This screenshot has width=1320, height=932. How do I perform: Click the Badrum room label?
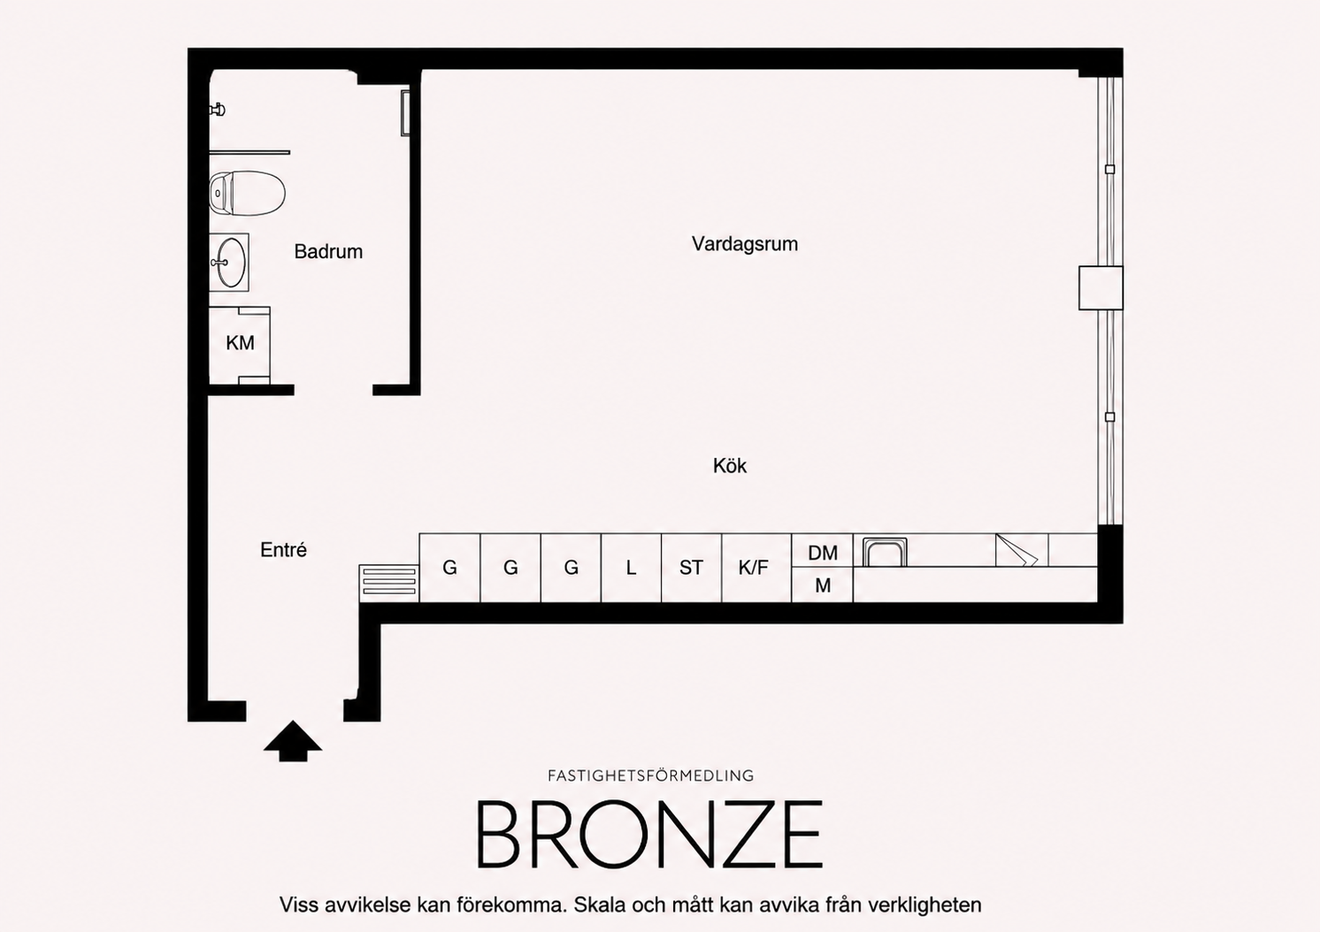coord(328,251)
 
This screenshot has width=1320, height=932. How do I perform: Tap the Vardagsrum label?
coord(745,244)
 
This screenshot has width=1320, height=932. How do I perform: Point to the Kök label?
coord(730,466)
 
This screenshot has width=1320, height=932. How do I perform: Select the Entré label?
coord(283,550)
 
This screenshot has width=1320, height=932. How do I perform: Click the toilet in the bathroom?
coord(248,194)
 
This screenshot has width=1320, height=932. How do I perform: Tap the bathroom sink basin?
coord(228,262)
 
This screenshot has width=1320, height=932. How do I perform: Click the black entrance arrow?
coord(293,740)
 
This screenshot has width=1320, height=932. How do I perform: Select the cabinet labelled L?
coord(631,568)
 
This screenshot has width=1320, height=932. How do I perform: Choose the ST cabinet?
coord(691,568)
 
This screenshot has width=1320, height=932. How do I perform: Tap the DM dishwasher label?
coord(823,553)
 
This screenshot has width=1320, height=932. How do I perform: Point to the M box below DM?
coord(823,585)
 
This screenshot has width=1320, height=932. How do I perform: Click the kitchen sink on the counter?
coord(885,552)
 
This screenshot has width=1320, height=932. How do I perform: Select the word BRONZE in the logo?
coord(648,834)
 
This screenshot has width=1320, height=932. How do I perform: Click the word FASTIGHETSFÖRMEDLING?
coord(650,775)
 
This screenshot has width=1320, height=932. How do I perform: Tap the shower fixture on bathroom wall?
coord(218,109)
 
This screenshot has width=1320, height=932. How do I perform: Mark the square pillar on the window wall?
coord(1101,288)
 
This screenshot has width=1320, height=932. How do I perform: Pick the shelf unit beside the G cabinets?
coord(389,584)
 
